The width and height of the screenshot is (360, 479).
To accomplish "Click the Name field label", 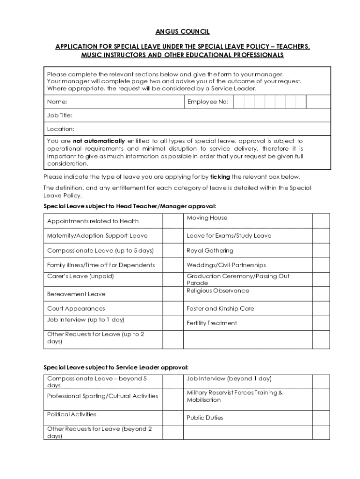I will click(x=57, y=102).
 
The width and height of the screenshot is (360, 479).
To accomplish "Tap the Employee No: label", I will click(x=208, y=102).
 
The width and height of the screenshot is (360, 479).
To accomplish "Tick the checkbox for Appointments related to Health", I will click(x=172, y=221).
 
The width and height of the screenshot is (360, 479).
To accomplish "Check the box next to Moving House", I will click(x=321, y=221).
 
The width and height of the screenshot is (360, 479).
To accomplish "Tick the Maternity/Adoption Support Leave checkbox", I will click(x=172, y=236).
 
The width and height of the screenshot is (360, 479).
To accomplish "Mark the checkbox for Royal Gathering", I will click(x=321, y=251).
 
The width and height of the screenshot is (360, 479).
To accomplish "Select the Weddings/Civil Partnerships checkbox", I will click(x=321, y=265).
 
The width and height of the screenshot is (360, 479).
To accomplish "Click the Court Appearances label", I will click(x=76, y=309).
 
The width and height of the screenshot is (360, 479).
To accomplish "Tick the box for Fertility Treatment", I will click(x=321, y=323).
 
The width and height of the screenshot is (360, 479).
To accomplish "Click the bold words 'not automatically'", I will click(x=99, y=141).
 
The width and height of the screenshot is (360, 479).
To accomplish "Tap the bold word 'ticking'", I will click(x=220, y=177).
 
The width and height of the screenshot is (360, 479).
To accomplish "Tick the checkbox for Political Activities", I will click(x=172, y=417).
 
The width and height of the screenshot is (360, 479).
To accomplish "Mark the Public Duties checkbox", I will click(x=321, y=417).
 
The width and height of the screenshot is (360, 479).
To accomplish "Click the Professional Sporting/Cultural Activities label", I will click(x=102, y=396).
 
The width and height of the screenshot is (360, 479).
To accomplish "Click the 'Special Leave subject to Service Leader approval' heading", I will click(x=116, y=367).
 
